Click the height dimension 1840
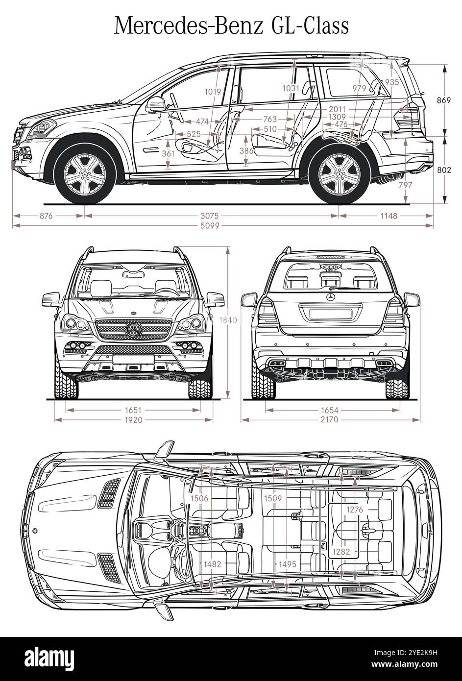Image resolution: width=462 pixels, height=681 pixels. tap(228, 320)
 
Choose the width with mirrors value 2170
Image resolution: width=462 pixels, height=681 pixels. tap(330, 420)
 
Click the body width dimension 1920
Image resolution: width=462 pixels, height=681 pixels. tap(133, 420)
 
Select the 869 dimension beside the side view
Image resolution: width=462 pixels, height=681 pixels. tap(443, 100)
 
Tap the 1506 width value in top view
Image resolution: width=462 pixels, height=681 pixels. tap(199, 499)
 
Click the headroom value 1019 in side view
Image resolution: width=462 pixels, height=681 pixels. tap(213, 91)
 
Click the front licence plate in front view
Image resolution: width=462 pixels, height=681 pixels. tap(134, 360)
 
